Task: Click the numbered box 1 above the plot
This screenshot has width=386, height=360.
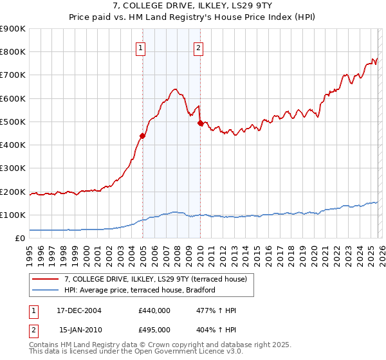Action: point(140,47)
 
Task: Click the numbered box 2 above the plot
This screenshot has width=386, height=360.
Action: point(198,47)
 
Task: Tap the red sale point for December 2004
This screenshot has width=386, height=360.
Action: point(142,136)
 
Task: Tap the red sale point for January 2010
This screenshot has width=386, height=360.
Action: point(200,123)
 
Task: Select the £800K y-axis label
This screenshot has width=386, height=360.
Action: point(12,52)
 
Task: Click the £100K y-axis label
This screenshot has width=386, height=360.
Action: point(12,215)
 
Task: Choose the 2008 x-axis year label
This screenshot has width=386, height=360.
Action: point(177,254)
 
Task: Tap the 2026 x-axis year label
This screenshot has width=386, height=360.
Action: point(381,254)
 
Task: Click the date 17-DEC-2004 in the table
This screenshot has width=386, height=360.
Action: point(80,310)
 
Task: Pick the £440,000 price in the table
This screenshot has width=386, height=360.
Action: point(154,310)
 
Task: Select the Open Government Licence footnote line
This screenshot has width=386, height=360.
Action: point(136,352)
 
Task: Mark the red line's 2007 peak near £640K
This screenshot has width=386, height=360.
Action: point(174,89)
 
